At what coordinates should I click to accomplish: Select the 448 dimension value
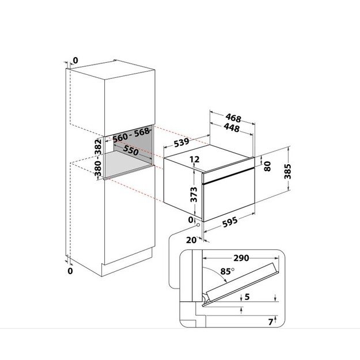(232, 128)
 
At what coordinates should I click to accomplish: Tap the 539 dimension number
(183, 142)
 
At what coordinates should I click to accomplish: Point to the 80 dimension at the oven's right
(267, 166)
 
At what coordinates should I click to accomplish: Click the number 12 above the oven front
(194, 160)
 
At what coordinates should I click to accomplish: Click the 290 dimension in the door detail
(241, 258)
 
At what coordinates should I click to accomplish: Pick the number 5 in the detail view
(247, 297)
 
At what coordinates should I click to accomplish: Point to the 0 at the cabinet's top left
(75, 60)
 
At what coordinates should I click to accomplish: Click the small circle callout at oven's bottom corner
(198, 226)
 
